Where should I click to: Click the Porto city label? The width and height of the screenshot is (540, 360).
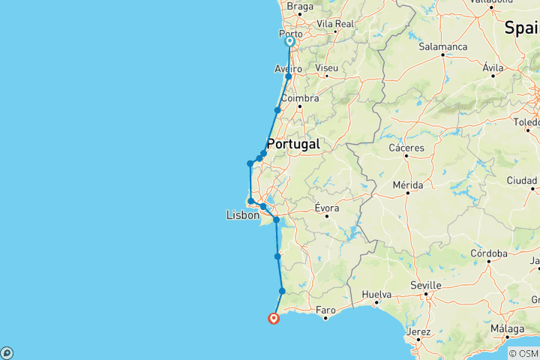point(290,34)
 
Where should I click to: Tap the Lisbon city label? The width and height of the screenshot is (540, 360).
point(243,215)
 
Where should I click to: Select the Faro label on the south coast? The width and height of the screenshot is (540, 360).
point(325,309)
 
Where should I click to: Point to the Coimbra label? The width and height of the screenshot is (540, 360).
point(300,98)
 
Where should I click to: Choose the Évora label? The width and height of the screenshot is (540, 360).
point(327,207)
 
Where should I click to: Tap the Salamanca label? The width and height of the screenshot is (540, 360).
point(443,46)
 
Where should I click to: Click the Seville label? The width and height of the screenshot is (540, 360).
point(426,286)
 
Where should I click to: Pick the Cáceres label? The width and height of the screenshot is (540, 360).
point(406,148)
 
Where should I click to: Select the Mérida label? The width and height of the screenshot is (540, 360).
point(408,184)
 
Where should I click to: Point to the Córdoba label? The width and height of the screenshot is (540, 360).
point(488,253)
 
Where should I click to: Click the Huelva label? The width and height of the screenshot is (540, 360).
point(377,295)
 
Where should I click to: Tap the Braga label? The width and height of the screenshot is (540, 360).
point(300,7)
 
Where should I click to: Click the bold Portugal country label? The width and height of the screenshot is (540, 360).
point(293,144)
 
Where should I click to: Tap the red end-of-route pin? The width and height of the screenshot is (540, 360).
point(274,318)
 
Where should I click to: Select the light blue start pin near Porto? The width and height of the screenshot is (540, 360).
point(289,42)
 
